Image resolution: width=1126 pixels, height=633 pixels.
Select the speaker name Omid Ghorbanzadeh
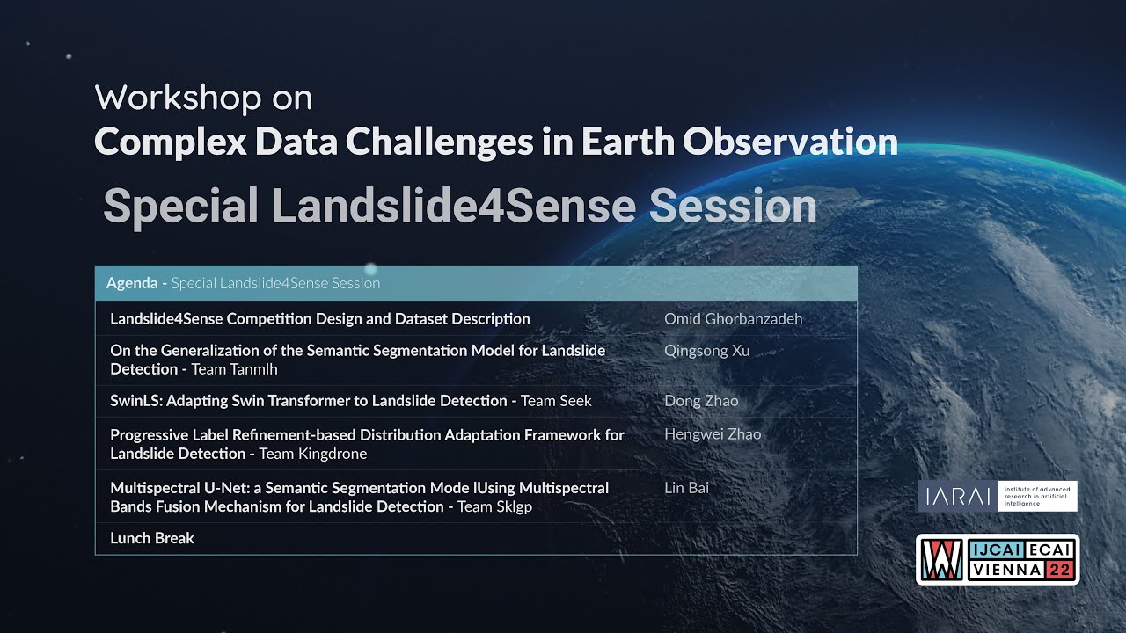(x=733, y=319)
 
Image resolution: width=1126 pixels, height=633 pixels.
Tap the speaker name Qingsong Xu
(x=706, y=351)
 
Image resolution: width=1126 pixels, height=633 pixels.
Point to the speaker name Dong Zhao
(x=701, y=401)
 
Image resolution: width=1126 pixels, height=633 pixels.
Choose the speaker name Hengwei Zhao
(x=713, y=434)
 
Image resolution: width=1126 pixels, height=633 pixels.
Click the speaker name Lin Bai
(x=686, y=488)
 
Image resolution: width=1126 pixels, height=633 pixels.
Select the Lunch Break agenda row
(x=152, y=538)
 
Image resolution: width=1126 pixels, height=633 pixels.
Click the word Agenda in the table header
(x=131, y=283)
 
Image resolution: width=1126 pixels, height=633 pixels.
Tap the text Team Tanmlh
(x=234, y=369)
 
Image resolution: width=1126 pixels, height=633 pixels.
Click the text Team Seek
(x=556, y=401)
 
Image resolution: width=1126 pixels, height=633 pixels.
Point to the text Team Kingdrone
(x=312, y=454)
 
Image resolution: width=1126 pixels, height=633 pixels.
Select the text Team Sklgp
(x=494, y=506)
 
